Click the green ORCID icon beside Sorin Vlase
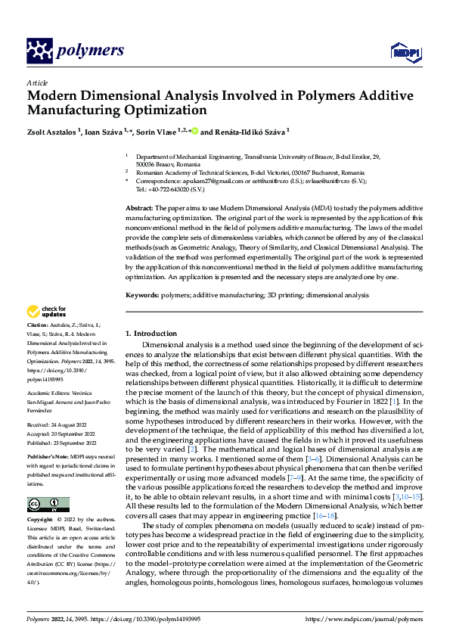195,130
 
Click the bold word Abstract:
139,208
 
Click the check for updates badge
46,312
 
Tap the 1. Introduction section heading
151,334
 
